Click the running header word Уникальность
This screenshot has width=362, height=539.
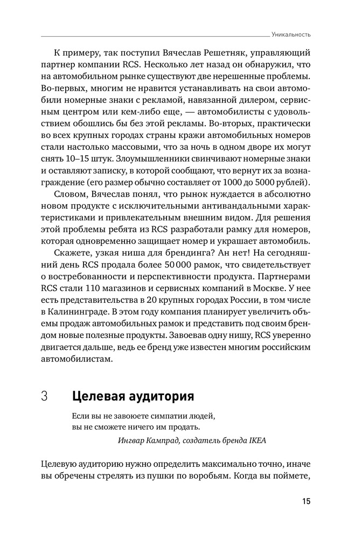pyautogui.click(x=292, y=34)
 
